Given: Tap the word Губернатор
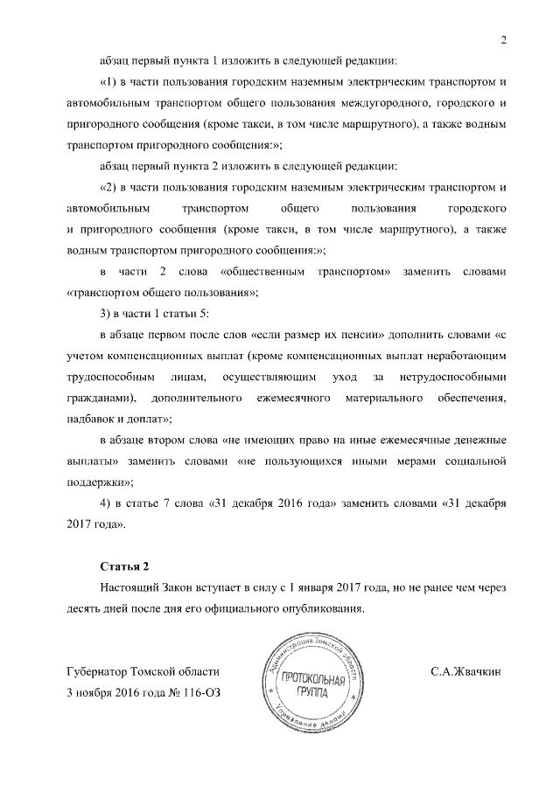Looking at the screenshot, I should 97,672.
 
